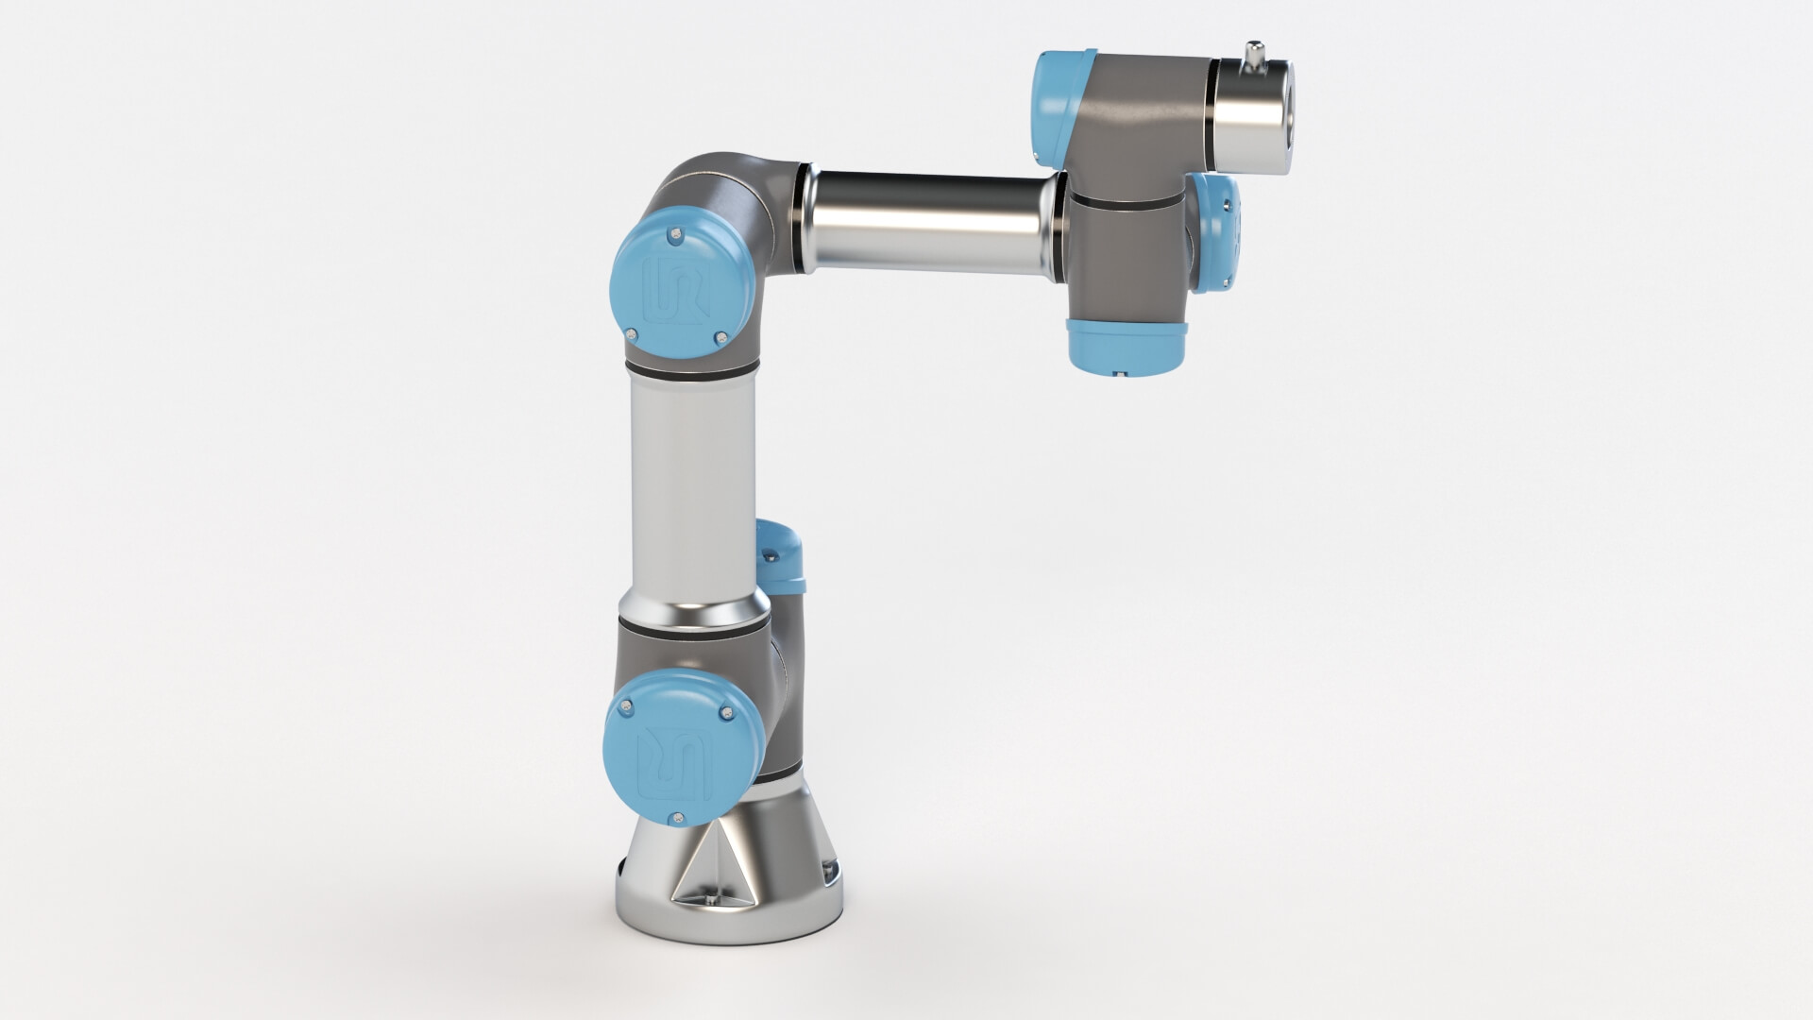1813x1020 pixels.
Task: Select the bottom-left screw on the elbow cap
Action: point(630,331)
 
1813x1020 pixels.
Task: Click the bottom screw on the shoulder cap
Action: point(673,816)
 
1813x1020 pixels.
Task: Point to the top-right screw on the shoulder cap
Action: point(724,712)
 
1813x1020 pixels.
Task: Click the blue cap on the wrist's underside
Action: point(1125,345)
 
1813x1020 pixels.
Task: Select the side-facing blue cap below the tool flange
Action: point(1217,232)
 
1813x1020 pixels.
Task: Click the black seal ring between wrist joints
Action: point(1124,199)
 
